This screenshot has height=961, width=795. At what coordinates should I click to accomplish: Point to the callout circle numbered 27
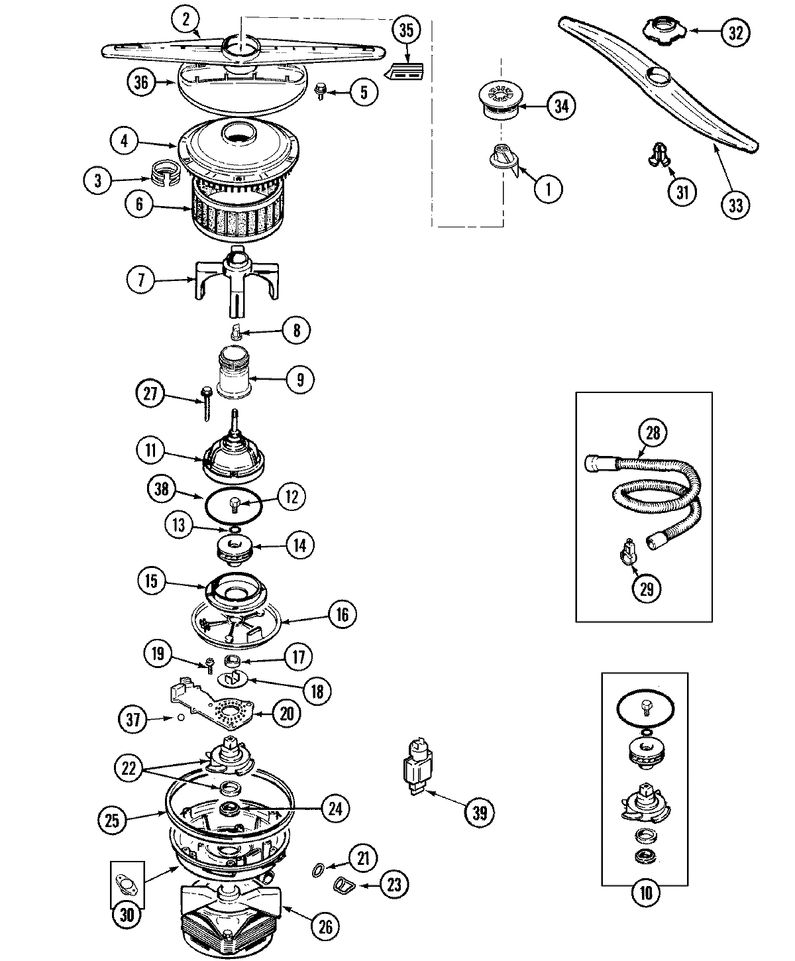[150, 394]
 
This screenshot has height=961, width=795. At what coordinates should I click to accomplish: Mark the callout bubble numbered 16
[341, 614]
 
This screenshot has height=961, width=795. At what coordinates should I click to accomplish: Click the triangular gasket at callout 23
[343, 883]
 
